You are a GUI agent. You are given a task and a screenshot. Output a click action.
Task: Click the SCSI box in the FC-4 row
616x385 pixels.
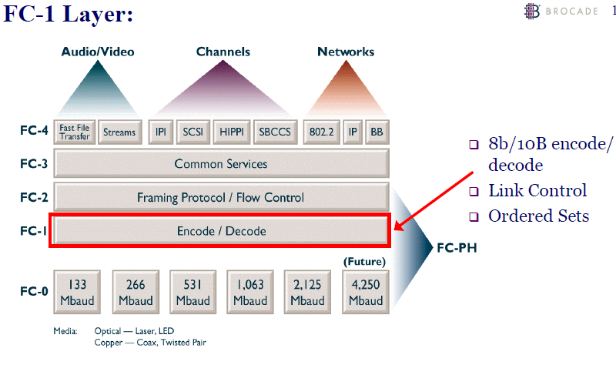pyautogui.click(x=192, y=132)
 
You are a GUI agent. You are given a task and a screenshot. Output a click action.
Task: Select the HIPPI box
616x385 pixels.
pyautogui.click(x=231, y=132)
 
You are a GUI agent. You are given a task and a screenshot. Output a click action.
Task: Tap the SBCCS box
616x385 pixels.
pyautogui.click(x=275, y=132)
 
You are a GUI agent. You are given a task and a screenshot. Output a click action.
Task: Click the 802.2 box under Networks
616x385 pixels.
pyautogui.click(x=320, y=132)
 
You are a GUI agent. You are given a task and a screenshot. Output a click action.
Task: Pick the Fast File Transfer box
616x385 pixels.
pyautogui.click(x=75, y=132)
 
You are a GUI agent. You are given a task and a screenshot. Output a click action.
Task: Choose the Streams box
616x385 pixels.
pyautogui.click(x=119, y=132)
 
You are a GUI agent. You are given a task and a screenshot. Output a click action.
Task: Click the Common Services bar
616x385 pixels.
pyautogui.click(x=221, y=164)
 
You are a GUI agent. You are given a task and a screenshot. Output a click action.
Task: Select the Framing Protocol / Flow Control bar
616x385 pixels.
pyautogui.click(x=221, y=197)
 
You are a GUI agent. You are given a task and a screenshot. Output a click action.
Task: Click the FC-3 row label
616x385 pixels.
pyautogui.click(x=34, y=164)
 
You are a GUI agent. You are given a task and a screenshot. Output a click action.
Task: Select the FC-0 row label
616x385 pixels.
pyautogui.click(x=34, y=293)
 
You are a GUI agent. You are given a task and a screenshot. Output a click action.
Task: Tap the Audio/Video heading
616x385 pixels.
pyautogui.click(x=98, y=52)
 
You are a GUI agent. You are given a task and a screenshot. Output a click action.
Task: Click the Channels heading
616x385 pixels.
pyautogui.click(x=223, y=52)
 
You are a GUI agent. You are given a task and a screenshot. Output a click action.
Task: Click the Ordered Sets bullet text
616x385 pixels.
pyautogui.click(x=538, y=216)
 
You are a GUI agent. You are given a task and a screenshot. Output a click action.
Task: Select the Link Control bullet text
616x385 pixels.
pyautogui.click(x=537, y=191)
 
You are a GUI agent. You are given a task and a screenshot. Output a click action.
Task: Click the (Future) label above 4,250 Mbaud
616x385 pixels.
pyautogui.click(x=363, y=262)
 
